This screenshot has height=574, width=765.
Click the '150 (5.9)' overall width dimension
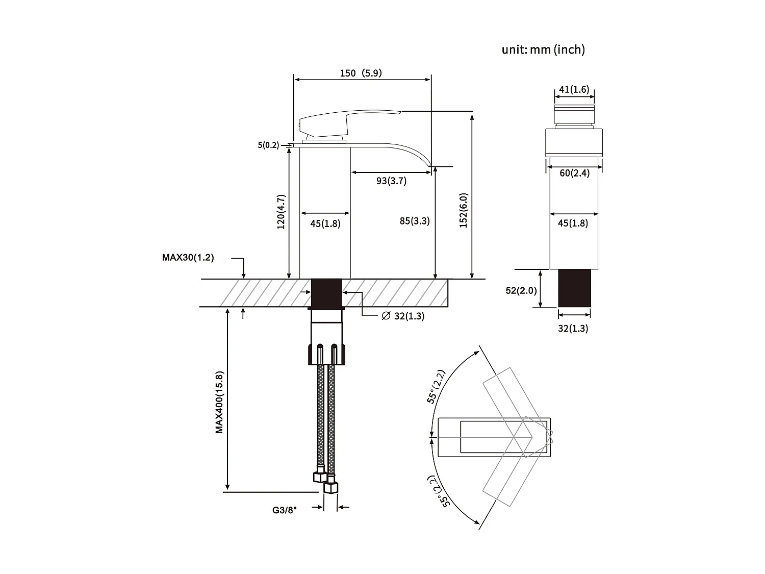pos(361,73)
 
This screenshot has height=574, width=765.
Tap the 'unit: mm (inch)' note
pos(543,49)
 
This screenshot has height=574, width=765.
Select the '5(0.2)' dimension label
pos(268,145)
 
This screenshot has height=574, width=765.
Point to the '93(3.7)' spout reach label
pos(391,181)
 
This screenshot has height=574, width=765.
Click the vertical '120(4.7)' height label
pos(281,212)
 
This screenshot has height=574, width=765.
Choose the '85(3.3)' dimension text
pos(415,221)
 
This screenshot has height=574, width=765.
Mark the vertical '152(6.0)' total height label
pos(463,210)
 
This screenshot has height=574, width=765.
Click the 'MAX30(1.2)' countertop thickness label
pos(188,258)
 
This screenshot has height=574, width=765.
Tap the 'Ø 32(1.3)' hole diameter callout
pos(403,316)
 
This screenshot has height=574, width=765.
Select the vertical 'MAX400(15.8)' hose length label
pos(219,402)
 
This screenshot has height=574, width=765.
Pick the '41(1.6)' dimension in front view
pos(574,90)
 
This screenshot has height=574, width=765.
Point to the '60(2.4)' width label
pos(574,173)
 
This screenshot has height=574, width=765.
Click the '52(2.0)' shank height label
pos(521,290)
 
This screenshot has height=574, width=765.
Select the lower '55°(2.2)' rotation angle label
pos(439,491)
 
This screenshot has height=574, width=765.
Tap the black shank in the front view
pos(574,288)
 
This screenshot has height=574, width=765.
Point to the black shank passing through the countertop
pos(326,293)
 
